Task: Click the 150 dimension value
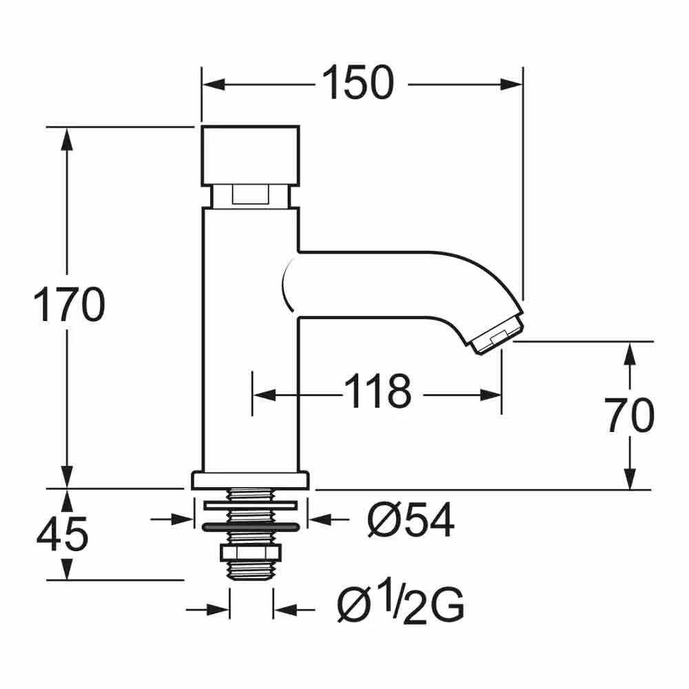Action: [x=359, y=83]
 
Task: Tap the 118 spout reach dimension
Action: [x=378, y=393]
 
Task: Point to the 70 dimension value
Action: [x=630, y=417]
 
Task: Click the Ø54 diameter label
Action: [x=411, y=522]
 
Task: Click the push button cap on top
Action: [x=249, y=155]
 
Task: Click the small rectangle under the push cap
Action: [x=249, y=196]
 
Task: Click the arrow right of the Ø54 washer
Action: [x=319, y=519]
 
